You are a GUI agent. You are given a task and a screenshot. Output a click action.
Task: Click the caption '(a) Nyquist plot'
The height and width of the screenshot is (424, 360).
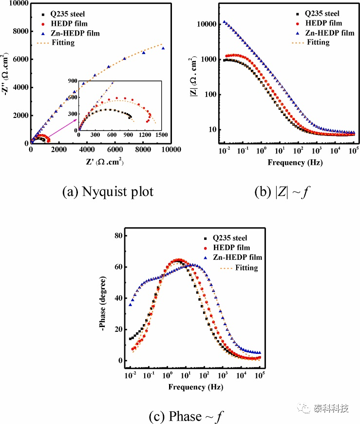click(x=108, y=192)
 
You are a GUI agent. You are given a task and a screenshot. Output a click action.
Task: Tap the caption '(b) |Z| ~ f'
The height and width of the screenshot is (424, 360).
click(x=282, y=192)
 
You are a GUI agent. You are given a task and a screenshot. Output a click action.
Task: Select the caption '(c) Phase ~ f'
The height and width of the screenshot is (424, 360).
click(x=186, y=416)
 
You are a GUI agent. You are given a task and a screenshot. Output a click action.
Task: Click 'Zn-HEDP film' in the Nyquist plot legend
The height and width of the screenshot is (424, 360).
click(x=75, y=33)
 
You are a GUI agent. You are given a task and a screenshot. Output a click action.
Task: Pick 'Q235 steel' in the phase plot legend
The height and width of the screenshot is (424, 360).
click(x=230, y=238)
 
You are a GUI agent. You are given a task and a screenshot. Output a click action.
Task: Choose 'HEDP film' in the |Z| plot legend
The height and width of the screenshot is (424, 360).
click(x=323, y=23)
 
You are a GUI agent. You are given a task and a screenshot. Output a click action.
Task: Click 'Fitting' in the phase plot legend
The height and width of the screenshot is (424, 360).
click(x=246, y=268)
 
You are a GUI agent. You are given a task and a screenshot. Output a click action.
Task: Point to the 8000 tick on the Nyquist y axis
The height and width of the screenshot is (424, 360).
click(x=20, y=31)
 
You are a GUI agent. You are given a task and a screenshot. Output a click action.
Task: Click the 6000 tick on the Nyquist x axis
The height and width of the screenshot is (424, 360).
click(x=115, y=150)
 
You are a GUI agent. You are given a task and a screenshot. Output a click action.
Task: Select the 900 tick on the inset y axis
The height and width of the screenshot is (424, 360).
click(x=73, y=80)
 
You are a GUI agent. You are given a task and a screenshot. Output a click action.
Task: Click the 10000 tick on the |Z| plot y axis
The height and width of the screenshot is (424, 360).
click(x=207, y=24)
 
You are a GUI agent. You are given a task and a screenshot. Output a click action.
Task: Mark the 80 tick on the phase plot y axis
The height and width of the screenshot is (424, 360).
click(x=119, y=235)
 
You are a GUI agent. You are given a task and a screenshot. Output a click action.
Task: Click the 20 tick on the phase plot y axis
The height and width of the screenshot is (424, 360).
click(x=119, y=329)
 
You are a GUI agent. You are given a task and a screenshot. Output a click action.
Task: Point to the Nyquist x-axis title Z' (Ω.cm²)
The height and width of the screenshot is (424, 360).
click(x=105, y=161)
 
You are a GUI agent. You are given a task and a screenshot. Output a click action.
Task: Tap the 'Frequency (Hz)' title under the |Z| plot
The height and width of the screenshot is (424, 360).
click(x=295, y=162)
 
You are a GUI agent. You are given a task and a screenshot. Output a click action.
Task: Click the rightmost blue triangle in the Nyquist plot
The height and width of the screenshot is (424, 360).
click(x=163, y=48)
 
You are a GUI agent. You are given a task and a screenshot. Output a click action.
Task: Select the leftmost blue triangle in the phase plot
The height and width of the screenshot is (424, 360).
click(x=130, y=305)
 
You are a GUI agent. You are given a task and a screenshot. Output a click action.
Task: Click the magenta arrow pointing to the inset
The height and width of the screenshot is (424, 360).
click(x=63, y=128)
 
